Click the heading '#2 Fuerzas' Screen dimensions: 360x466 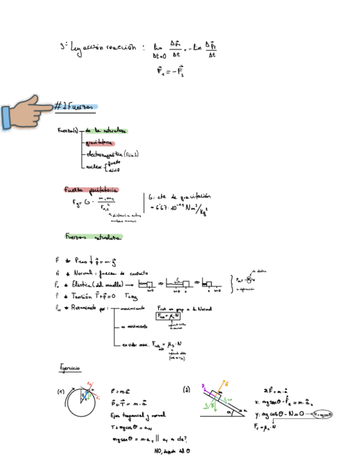click(x=76, y=107)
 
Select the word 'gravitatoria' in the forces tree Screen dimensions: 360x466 click(x=97, y=143)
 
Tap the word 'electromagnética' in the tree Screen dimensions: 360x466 click(x=104, y=155)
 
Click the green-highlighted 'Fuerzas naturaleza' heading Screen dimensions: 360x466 click(x=92, y=237)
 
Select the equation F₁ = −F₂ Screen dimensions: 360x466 click(x=170, y=71)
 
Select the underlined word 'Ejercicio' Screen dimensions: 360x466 click(x=70, y=367)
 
